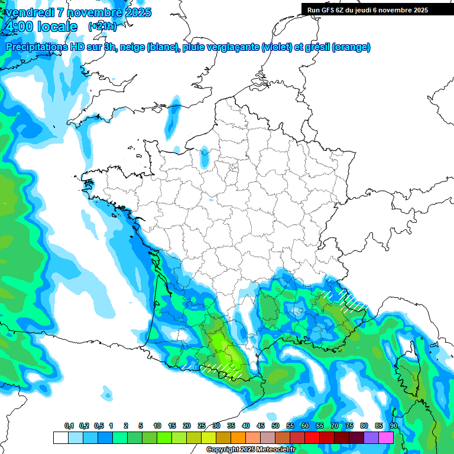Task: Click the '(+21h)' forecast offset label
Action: [x=102, y=27]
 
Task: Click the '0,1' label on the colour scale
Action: [x=69, y=426]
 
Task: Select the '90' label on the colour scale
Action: [x=393, y=426]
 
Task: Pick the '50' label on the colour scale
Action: [x=275, y=426]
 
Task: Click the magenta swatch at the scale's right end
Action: [x=386, y=437]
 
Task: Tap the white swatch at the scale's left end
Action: [x=60, y=437]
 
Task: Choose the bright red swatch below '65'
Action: [x=312, y=437]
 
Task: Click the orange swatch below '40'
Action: [x=238, y=437]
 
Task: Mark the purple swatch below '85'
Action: [x=371, y=437]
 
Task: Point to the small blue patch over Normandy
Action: [x=205, y=156]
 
